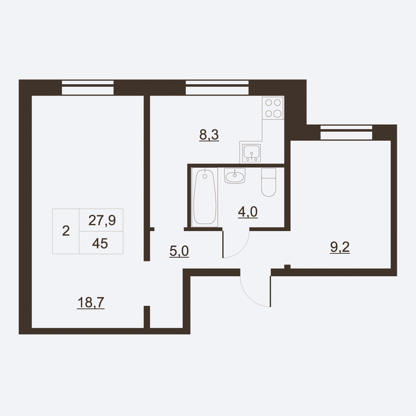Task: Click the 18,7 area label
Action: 91,303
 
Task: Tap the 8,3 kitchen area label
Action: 209,135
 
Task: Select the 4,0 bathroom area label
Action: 248,212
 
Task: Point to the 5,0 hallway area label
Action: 179,251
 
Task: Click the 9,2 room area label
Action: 340,247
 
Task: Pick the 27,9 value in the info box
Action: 102,220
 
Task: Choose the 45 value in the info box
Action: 100,243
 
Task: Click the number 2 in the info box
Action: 66,231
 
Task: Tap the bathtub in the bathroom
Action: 205,197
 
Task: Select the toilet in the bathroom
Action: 268,182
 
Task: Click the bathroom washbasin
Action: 235,176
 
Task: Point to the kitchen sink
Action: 252,153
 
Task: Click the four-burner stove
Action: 273,108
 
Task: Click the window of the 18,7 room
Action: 88,87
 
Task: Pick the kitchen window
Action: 217,87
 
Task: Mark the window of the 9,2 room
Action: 346,133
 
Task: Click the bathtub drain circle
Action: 205,176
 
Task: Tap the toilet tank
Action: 268,173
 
